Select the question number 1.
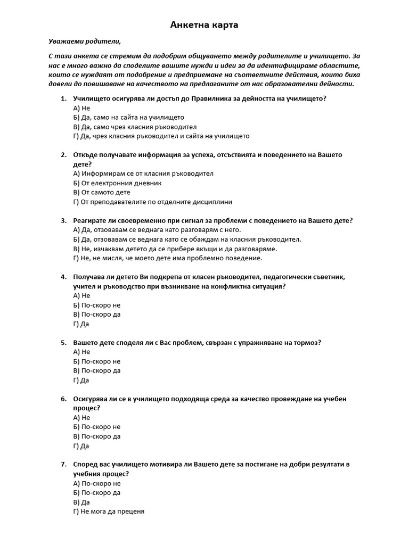click(63, 98)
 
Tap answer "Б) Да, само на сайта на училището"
click(128, 117)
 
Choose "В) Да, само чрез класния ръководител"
click(135, 127)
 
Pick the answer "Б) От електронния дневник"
click(117, 183)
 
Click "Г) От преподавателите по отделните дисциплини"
click(152, 202)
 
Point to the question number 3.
click(63, 220)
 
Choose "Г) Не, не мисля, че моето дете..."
click(168, 258)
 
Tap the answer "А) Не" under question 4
click(81, 295)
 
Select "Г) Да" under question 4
click(81, 324)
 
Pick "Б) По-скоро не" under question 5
click(96, 361)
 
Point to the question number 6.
click(63, 399)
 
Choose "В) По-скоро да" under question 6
click(96, 436)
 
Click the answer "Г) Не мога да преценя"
click(109, 511)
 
